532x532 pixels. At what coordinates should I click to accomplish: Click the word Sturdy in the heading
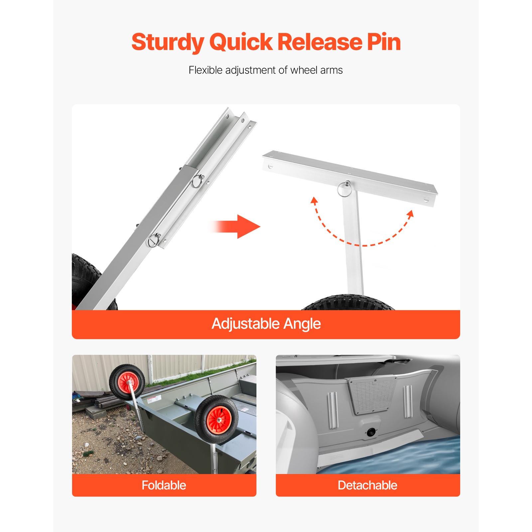(168, 43)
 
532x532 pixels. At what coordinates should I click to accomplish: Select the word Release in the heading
(320, 42)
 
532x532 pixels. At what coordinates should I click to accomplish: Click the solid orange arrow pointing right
(234, 227)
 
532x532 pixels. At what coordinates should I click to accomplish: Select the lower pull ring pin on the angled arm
(154, 240)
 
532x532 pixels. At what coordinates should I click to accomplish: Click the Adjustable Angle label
(266, 324)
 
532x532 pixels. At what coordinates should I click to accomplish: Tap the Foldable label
(164, 485)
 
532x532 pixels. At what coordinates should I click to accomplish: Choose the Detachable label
(367, 485)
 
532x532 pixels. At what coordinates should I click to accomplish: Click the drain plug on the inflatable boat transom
(370, 432)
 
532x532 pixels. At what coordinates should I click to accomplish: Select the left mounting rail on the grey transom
(333, 410)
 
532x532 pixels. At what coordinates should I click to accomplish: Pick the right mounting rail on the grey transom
(408, 401)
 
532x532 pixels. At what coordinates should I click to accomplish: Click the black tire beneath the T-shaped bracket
(348, 302)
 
